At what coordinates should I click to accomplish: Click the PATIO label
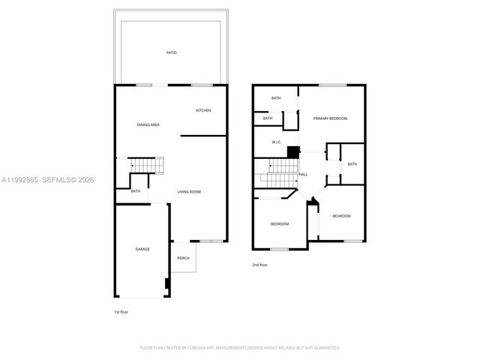click(172, 52)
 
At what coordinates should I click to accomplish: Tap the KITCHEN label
click(203, 110)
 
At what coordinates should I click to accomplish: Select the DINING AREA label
click(148, 124)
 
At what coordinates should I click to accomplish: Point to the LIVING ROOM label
click(189, 192)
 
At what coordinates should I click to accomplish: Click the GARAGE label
click(142, 249)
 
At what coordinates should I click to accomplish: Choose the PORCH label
click(183, 258)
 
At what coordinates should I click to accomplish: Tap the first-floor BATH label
click(136, 191)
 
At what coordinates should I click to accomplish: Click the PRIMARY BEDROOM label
click(330, 118)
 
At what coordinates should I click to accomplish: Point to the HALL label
click(303, 174)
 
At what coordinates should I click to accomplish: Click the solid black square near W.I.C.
click(293, 151)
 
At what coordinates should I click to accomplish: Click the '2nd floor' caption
click(259, 265)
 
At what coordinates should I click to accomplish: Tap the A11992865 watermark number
click(18, 180)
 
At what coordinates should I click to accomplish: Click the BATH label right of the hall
click(352, 164)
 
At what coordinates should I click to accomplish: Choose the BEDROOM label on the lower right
click(341, 216)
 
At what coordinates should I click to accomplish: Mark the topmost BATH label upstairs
click(276, 98)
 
